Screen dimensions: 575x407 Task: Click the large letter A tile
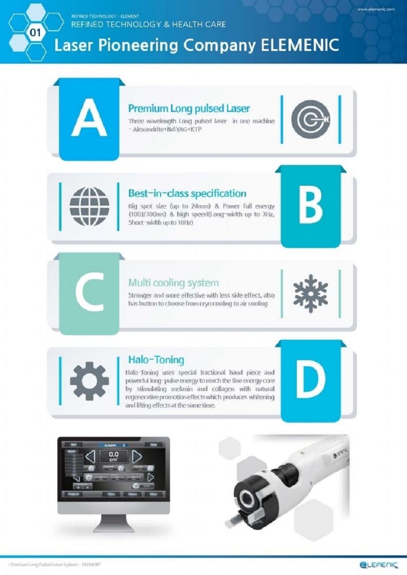coord(89,119)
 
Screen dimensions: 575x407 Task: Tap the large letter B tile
coord(311,206)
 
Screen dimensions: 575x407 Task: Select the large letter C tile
coord(89,293)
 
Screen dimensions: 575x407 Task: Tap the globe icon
coord(89,207)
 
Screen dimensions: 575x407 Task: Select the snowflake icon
coord(311,293)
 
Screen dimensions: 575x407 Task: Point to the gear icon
coord(89,380)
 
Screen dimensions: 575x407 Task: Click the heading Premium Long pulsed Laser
coord(189,108)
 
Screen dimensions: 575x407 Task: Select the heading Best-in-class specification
coord(187,193)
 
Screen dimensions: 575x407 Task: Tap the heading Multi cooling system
coord(173,282)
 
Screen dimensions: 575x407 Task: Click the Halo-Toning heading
coord(156,360)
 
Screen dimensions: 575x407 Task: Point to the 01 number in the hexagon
coord(35,33)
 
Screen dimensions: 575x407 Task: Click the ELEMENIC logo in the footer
coord(379,565)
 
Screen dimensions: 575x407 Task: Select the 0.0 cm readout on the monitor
coord(114,456)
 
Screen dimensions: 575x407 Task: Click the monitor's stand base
coord(113,528)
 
